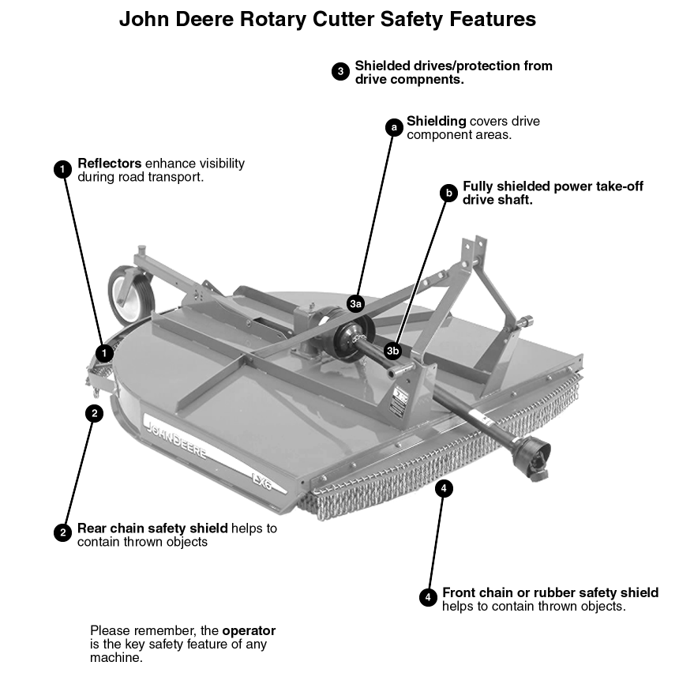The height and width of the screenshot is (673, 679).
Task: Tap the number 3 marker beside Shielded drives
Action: [340, 72]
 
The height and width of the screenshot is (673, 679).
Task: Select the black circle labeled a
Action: [393, 127]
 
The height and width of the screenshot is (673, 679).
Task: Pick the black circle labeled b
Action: [448, 193]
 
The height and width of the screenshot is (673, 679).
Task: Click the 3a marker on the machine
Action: [355, 303]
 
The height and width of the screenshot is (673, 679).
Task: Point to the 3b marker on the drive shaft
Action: [393, 350]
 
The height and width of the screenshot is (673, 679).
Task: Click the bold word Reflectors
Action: [109, 164]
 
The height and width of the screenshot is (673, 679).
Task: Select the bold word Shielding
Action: [436, 122]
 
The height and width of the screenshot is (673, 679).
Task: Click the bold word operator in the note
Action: [249, 630]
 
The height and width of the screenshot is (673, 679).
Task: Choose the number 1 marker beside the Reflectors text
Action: [62, 169]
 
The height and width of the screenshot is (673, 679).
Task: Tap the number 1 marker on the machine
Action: [104, 352]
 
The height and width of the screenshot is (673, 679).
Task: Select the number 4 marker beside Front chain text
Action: [428, 598]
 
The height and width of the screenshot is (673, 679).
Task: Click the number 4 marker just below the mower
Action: [445, 489]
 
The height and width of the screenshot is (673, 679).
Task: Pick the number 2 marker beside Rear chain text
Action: [62, 533]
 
